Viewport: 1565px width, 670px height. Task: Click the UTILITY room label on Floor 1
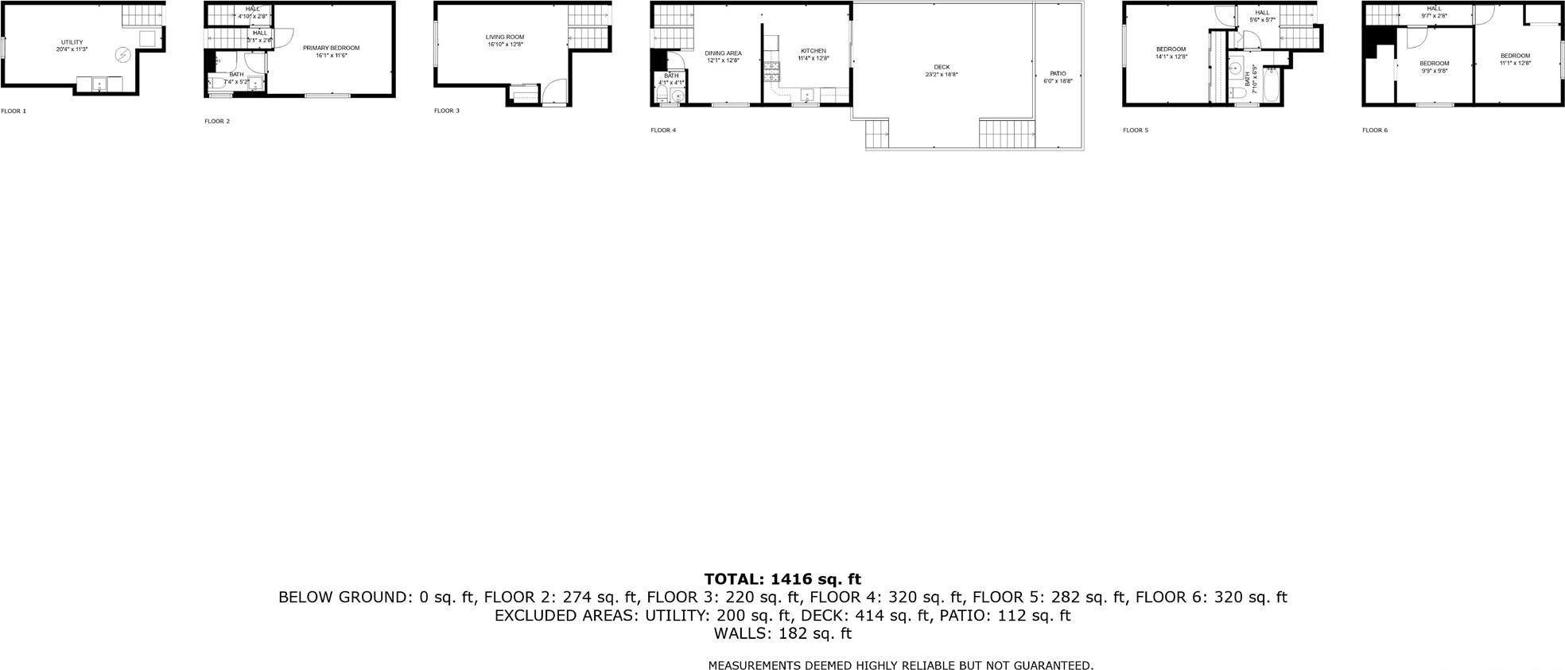(72, 42)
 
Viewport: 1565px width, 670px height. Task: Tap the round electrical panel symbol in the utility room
(123, 55)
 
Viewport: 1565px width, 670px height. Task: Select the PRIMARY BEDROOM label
(331, 48)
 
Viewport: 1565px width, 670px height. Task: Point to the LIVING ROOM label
(505, 37)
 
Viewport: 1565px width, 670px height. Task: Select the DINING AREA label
(723, 53)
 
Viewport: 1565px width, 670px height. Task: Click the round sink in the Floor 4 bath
(677, 97)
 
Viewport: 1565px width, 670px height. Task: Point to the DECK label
(942, 67)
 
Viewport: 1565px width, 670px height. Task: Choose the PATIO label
(1058, 73)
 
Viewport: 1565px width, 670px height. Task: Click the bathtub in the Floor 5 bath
(1270, 86)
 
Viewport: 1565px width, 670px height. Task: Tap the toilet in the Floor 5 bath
(1238, 94)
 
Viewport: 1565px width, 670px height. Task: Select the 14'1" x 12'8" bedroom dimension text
(1171, 56)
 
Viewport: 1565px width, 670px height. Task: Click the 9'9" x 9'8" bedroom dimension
(1434, 71)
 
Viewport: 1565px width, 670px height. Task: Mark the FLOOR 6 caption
(1374, 130)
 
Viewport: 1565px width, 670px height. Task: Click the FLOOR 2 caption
(217, 121)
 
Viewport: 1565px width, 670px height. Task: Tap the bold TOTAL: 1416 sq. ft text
(782, 579)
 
